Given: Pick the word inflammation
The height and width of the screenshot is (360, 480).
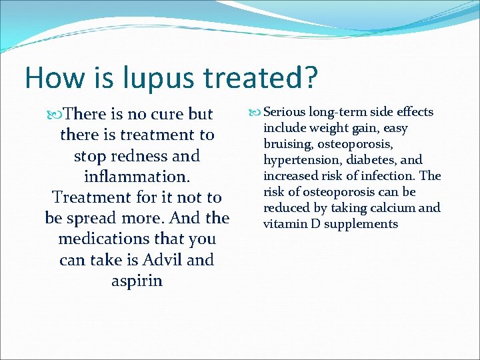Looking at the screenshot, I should click(x=137, y=177).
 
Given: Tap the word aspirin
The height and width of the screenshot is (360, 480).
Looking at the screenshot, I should click(x=137, y=281).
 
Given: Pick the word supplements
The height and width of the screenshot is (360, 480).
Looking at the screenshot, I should click(x=364, y=224).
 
